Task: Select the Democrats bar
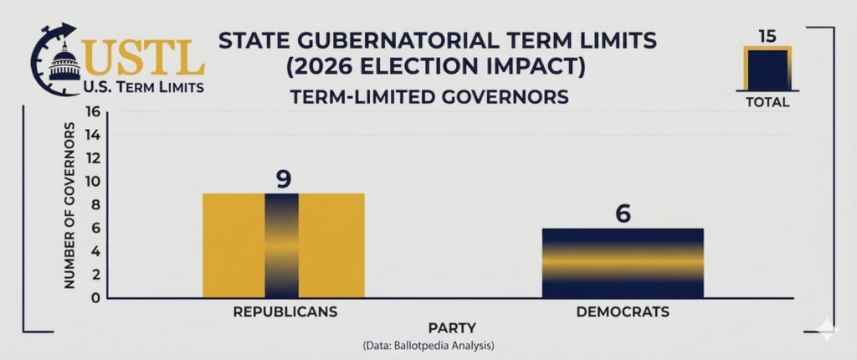click(x=623, y=263)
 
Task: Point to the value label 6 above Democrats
click(x=623, y=213)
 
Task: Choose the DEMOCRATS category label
click(x=623, y=312)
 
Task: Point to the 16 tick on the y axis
click(x=92, y=112)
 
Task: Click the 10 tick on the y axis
click(x=92, y=182)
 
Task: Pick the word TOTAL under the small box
click(x=767, y=103)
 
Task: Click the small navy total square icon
click(x=767, y=69)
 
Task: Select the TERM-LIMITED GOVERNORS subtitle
click(x=428, y=98)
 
